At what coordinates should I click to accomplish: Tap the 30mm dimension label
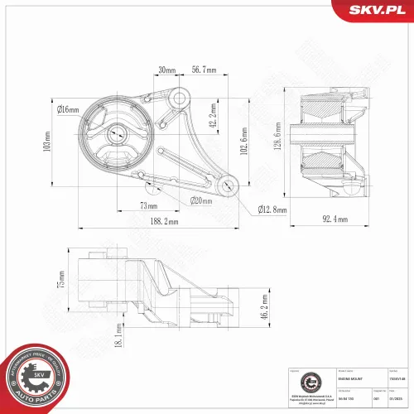[167, 70]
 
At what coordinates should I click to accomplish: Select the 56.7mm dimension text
[205, 70]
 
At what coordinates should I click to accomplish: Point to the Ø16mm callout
[68, 109]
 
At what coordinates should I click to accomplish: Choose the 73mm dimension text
[148, 205]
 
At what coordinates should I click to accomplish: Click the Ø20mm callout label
[203, 200]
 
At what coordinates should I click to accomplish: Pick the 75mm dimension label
[60, 279]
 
